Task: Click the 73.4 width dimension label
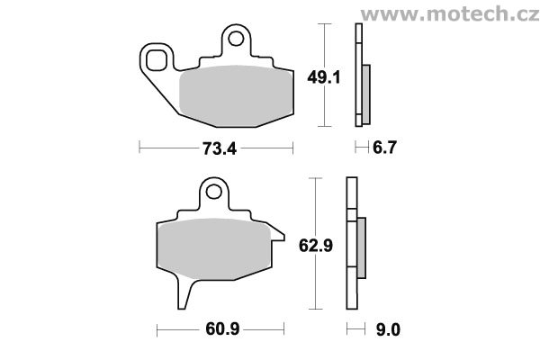pyautogui.click(x=220, y=148)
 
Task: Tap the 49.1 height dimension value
pyautogui.click(x=324, y=77)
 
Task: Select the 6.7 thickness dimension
pyautogui.click(x=384, y=148)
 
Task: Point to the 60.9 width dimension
pyautogui.click(x=222, y=329)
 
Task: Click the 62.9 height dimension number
pyautogui.click(x=316, y=246)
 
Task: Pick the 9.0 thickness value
pyautogui.click(x=388, y=330)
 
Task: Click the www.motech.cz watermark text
pyautogui.click(x=450, y=14)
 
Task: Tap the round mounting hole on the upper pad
pyautogui.click(x=236, y=38)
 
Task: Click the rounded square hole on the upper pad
pyautogui.click(x=157, y=60)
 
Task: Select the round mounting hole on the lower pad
pyautogui.click(x=214, y=191)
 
